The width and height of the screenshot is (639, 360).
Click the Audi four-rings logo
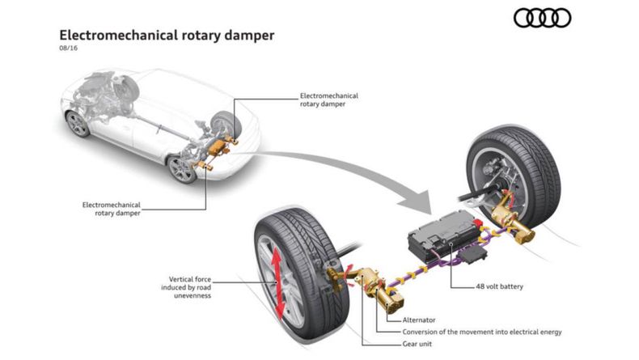[543, 19]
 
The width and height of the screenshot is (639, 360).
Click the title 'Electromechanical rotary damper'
[167, 36]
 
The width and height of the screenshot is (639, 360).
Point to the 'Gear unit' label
[422, 345]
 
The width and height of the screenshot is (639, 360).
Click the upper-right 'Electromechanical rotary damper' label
[328, 100]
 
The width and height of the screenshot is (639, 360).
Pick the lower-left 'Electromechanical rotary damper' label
[112, 209]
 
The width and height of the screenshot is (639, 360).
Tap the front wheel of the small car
[78, 124]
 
